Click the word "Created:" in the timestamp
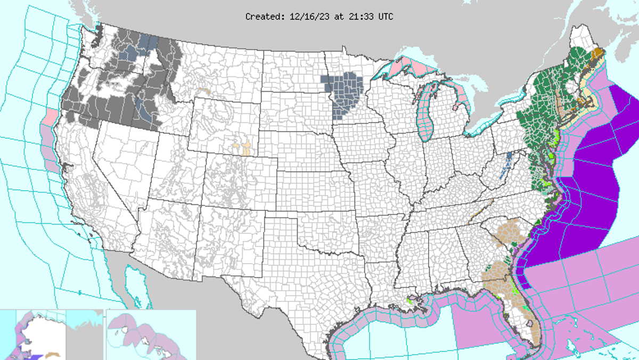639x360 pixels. (x=264, y=17)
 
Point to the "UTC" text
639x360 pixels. (x=386, y=17)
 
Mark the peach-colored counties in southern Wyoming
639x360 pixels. (x=245, y=149)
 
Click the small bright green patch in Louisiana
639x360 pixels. (x=409, y=301)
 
